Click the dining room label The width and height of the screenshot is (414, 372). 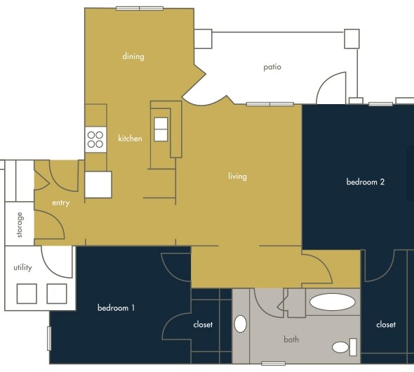coord(133,56)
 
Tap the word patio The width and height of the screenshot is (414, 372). coord(272,68)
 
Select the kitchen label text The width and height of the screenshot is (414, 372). coord(130,139)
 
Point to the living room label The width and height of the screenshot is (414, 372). coord(237,176)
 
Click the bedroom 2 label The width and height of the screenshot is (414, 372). coord(365,181)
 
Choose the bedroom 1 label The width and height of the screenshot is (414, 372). coord(116,308)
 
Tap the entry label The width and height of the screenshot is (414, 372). coord(61,203)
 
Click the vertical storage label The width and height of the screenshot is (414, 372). coord(20,225)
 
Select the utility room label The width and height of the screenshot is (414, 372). coord(22,268)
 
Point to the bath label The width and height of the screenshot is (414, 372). coord(291,340)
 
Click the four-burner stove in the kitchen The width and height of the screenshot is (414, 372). coord(95,139)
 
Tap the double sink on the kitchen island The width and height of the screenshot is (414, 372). coord(161,129)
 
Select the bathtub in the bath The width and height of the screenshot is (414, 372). coord(332,303)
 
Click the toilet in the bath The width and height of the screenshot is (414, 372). coord(343,347)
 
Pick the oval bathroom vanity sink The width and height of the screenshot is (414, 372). coord(241,324)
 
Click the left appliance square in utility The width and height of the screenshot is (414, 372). coord(27,293)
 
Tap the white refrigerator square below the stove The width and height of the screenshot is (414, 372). coord(98,184)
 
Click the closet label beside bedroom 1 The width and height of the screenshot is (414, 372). coord(203,324)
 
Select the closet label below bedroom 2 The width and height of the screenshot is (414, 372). coord(385,324)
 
